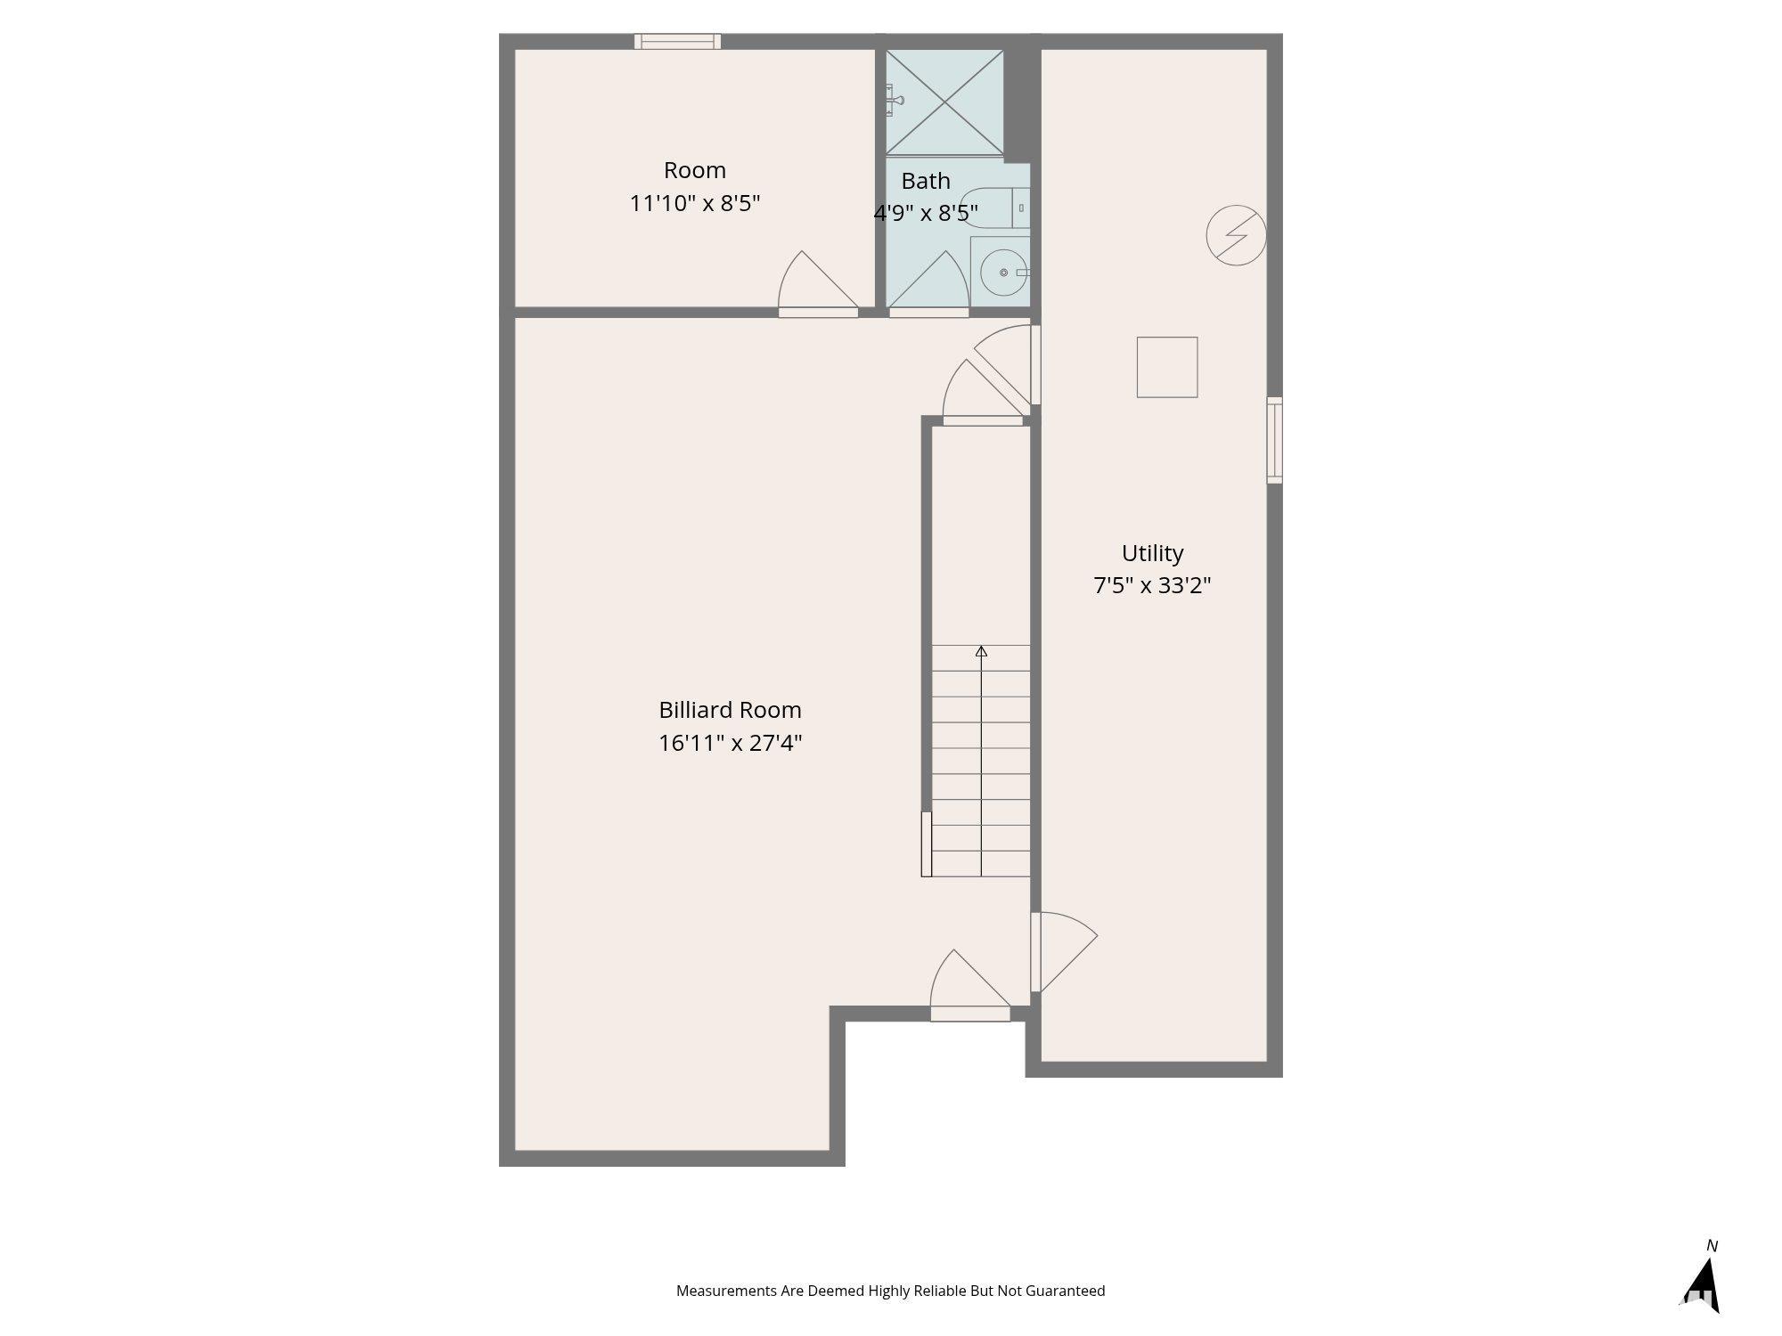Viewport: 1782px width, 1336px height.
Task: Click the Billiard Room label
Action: pyautogui.click(x=730, y=710)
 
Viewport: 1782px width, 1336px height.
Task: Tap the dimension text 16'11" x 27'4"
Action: pyautogui.click(x=730, y=743)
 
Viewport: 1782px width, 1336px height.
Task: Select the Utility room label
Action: pyautogui.click(x=1152, y=553)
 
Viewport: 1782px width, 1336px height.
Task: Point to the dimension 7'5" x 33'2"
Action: pyautogui.click(x=1152, y=586)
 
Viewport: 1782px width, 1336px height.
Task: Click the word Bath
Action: pyautogui.click(x=925, y=181)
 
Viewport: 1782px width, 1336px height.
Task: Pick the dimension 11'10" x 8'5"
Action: pyautogui.click(x=694, y=203)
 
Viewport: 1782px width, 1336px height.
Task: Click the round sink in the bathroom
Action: pyautogui.click(x=1004, y=273)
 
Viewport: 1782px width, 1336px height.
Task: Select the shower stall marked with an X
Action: pyautogui.click(x=944, y=102)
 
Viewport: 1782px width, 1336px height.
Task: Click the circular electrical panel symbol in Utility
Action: pyautogui.click(x=1236, y=236)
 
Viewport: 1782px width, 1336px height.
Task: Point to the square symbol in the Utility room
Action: pyautogui.click(x=1166, y=367)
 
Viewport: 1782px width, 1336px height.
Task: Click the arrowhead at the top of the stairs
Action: pyautogui.click(x=981, y=651)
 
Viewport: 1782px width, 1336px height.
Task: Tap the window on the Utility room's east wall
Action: pyautogui.click(x=1274, y=440)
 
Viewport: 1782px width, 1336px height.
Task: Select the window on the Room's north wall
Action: pyautogui.click(x=677, y=41)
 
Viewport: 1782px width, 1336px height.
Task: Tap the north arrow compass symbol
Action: pyautogui.click(x=1702, y=1283)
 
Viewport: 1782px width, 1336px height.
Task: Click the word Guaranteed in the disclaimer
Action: pyautogui.click(x=1065, y=1291)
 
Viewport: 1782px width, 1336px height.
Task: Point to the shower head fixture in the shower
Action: pyautogui.click(x=894, y=100)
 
